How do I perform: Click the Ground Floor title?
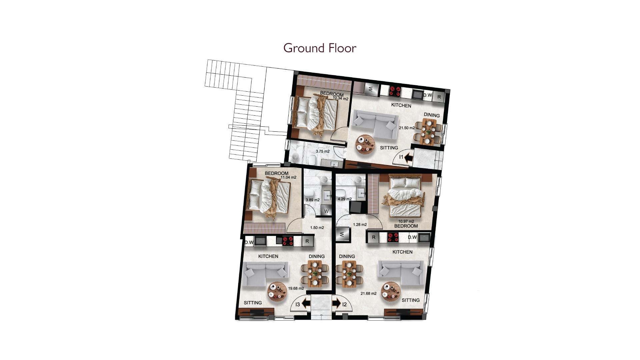pos(320,48)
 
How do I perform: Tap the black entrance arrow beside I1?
pos(409,157)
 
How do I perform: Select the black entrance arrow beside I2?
pos(336,304)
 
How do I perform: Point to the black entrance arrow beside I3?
pos(306,304)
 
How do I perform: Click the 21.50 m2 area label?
pos(407,128)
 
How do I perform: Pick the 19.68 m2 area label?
pos(296,289)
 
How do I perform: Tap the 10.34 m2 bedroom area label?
pos(340,99)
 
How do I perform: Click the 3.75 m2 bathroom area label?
pos(323,151)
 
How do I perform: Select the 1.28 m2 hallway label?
pos(360,225)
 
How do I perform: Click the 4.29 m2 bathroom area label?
pos(345,199)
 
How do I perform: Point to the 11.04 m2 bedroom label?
pos(288,177)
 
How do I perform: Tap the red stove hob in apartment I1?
pos(395,91)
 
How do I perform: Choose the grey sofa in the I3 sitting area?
pos(265,274)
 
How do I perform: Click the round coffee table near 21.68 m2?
pos(391,292)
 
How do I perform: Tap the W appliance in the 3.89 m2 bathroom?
pos(326,211)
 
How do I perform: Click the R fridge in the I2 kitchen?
pos(374,237)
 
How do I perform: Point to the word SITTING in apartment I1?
pos(389,148)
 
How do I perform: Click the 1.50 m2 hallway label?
pos(317,228)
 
